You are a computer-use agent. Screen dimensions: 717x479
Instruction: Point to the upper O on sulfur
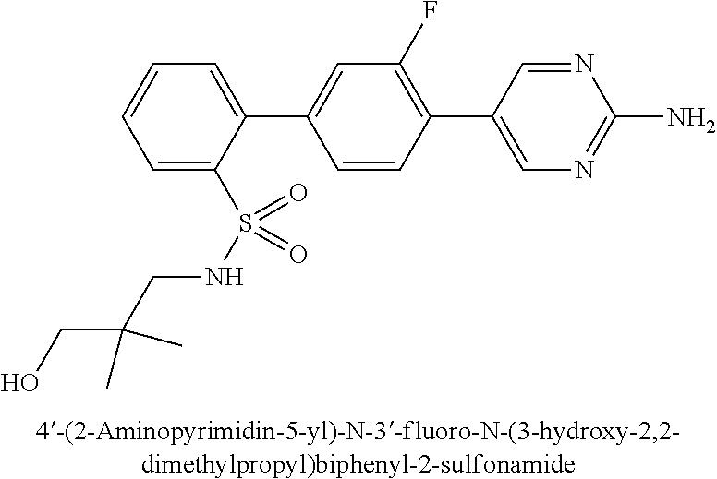point(298,194)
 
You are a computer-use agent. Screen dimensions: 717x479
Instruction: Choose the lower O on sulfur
point(298,253)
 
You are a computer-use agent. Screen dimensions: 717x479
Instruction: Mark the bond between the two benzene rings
point(277,118)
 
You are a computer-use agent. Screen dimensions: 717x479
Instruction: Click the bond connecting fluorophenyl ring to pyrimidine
point(462,118)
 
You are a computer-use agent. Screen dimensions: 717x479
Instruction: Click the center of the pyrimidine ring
point(554,118)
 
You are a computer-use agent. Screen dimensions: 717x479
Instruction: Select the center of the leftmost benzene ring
point(186,118)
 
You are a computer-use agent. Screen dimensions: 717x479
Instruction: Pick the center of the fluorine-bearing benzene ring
point(370,118)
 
